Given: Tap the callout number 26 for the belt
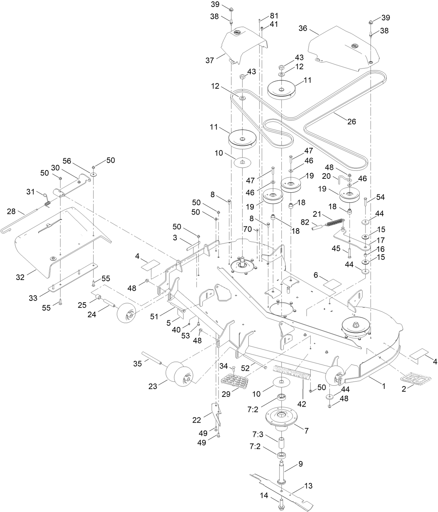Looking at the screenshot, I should click(x=352, y=121).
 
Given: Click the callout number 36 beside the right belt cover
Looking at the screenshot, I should click(x=303, y=28).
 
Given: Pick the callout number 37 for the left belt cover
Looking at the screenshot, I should click(x=210, y=61).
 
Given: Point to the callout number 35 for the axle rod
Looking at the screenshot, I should click(x=138, y=364).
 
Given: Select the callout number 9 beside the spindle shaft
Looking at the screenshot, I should click(x=300, y=464).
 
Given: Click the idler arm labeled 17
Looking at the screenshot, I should click(x=352, y=240).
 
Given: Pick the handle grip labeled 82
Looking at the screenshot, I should click(x=318, y=230).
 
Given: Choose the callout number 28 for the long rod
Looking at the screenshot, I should click(x=11, y=211).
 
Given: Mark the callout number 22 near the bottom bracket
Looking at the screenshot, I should click(x=197, y=420).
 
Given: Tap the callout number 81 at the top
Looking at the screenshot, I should click(x=274, y=16).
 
